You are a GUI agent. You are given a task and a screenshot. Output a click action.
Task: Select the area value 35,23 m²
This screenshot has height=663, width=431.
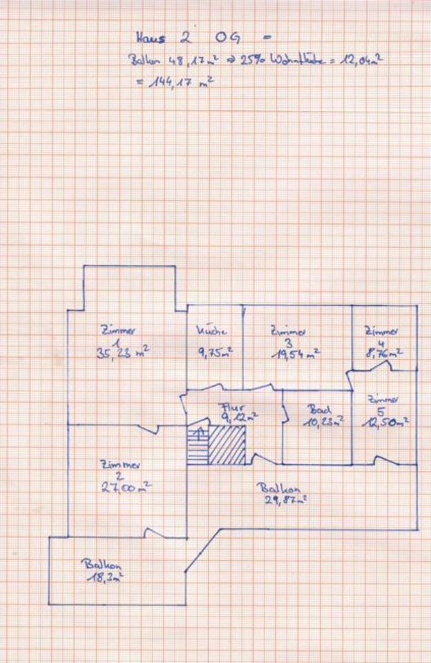[x=122, y=352]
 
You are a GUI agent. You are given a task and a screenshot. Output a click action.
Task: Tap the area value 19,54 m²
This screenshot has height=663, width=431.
[x=295, y=354]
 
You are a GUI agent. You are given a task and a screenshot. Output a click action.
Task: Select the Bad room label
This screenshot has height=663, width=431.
[x=318, y=410]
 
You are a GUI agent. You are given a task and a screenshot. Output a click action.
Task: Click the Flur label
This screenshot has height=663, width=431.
[x=229, y=407]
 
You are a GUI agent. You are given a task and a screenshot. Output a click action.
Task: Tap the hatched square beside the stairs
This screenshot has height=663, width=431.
[x=227, y=445]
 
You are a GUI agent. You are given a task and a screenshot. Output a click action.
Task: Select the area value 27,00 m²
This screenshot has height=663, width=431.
[x=125, y=487]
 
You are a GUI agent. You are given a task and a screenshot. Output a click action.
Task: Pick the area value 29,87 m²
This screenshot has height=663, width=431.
[x=285, y=499]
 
